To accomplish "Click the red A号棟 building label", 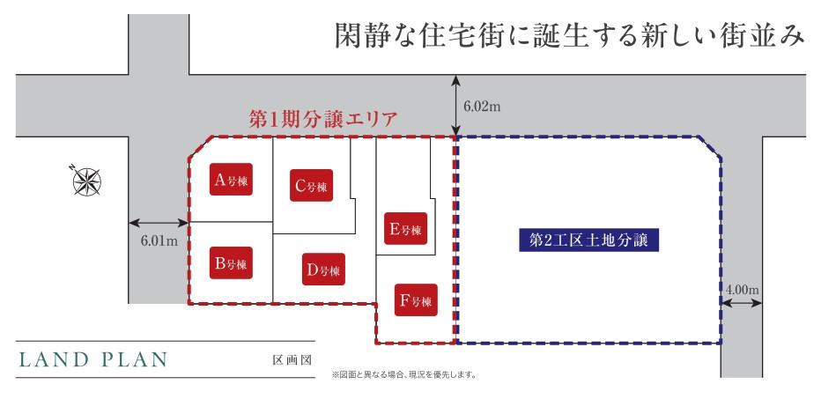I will coord(231,181).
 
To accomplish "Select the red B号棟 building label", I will coord(232,262).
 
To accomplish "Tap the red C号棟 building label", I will coord(311,186).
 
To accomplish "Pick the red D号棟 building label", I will coord(323,270).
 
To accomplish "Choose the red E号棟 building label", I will coord(405,230).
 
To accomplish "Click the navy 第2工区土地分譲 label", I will coord(588,240).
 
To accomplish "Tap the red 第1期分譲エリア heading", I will coord(323,119).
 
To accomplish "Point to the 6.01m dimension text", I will coord(159,240).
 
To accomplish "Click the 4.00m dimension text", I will coord(742,289).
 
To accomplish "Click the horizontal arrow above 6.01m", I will coord(159,222).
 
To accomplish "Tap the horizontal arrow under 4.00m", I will coord(742,303).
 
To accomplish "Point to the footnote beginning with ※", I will coord(404,374).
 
